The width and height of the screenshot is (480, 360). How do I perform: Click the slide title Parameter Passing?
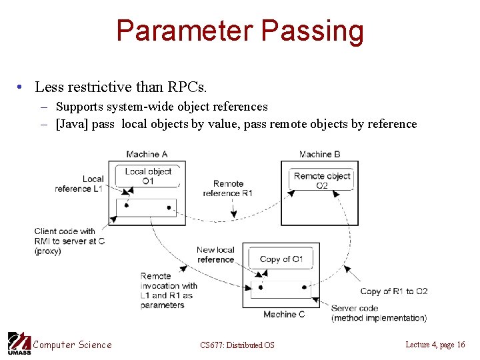click(x=240, y=31)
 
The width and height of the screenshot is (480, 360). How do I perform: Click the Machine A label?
click(x=147, y=155)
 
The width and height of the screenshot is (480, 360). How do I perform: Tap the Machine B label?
click(x=319, y=155)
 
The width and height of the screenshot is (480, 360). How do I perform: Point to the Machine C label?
click(x=284, y=314)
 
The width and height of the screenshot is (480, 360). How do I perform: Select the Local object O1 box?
click(x=148, y=176)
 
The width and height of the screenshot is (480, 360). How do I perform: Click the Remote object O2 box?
click(x=322, y=180)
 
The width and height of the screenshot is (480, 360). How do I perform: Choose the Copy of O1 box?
click(x=281, y=259)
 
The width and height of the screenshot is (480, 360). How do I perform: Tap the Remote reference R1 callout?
click(x=228, y=188)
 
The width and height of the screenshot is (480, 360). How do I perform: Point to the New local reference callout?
click(x=215, y=255)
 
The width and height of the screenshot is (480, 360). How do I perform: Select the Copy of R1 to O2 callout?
click(x=393, y=291)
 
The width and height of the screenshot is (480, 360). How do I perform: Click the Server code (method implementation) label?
click(x=379, y=313)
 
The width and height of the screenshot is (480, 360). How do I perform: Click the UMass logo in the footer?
click(x=19, y=343)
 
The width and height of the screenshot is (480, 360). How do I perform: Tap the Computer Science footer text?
click(x=73, y=345)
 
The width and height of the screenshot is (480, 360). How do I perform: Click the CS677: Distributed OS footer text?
click(x=237, y=345)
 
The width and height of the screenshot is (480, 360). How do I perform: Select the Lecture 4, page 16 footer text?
click(x=435, y=344)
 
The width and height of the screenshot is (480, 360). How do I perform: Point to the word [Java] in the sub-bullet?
click(x=73, y=124)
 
